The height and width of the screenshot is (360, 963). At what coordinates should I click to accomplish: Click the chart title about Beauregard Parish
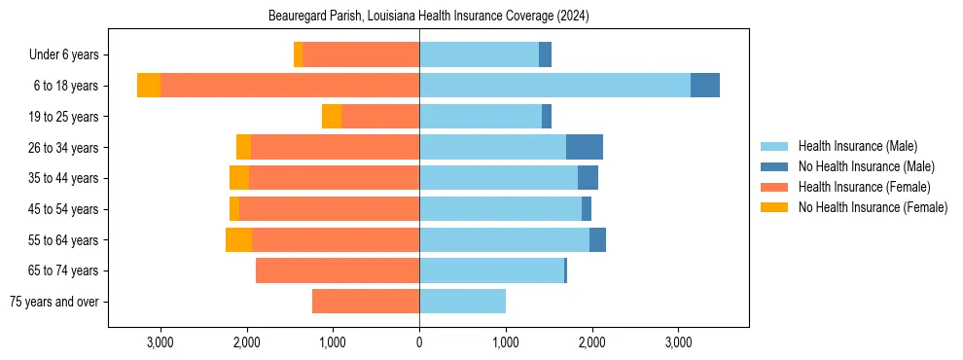click(428, 17)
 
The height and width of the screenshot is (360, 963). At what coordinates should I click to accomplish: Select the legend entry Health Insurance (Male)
click(857, 146)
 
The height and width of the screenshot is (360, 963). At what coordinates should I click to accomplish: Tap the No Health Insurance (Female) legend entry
click(873, 207)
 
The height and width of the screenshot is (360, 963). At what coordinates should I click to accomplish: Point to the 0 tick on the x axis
click(419, 342)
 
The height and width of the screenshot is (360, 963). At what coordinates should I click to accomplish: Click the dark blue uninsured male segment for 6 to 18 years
click(705, 86)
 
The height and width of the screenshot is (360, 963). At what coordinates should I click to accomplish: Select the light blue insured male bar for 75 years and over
click(462, 302)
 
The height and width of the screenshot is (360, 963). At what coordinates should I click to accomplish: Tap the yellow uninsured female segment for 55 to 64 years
click(238, 240)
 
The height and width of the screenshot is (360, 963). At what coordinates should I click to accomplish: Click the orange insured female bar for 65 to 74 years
click(338, 270)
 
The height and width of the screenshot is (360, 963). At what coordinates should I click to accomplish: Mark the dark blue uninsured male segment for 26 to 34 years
click(585, 147)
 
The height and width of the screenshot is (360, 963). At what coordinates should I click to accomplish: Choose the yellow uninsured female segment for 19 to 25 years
click(332, 117)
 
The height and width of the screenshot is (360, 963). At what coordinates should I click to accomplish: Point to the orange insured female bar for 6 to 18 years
click(290, 86)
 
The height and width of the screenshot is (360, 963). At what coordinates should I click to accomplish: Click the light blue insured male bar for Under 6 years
click(479, 54)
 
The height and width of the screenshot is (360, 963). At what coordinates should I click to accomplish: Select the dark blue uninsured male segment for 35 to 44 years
click(588, 178)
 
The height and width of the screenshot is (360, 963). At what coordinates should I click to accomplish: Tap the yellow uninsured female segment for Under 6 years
click(298, 54)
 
